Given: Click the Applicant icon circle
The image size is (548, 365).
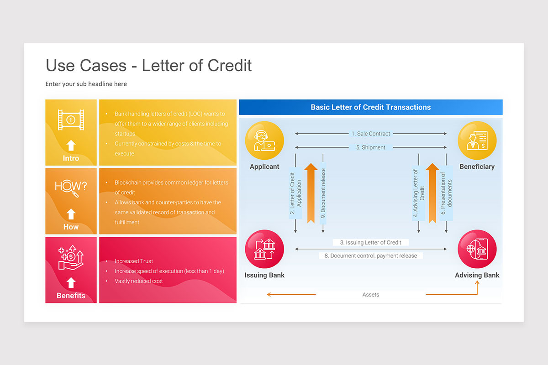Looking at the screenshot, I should coord(264,141).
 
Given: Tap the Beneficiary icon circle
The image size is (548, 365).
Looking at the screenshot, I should coord(477,141).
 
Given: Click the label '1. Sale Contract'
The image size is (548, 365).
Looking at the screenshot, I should coord(370,134).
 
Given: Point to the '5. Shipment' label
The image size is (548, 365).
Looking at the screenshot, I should coord(370,147).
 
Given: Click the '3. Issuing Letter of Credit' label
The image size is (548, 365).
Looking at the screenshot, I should coord(370,242).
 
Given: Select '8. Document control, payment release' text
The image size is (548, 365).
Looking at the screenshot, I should coord(370,255).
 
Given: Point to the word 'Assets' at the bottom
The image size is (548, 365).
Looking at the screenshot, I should coord(370,295).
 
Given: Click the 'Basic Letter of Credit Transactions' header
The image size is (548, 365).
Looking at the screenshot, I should coord(370,107).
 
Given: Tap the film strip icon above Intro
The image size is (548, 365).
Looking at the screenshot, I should coord(71,120).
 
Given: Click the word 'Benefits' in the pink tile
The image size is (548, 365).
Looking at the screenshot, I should coord(71,296).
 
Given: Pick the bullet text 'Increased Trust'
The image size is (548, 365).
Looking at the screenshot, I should coord(134,261).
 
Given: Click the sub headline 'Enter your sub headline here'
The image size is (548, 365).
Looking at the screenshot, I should coord(86,84).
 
